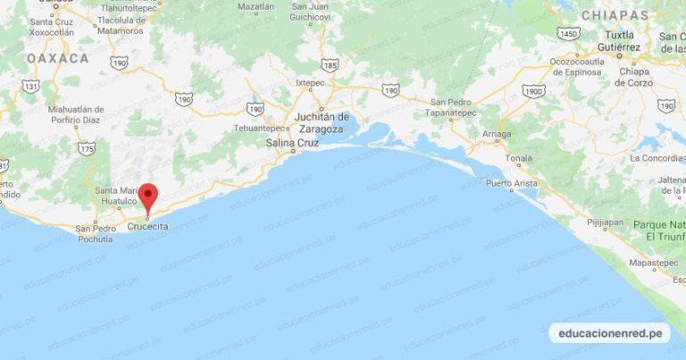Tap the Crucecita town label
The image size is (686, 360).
147,226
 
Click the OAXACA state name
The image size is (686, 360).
58,58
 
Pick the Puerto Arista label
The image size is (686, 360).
512,183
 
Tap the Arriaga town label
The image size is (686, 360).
497,133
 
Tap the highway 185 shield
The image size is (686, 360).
330,65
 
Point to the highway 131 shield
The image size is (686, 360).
31,86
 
